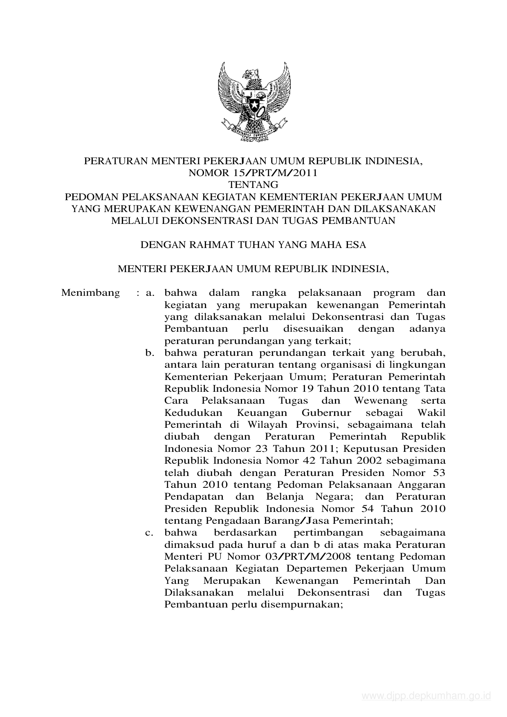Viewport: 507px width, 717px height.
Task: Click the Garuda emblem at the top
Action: point(253,101)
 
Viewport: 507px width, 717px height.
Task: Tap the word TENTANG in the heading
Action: point(253,185)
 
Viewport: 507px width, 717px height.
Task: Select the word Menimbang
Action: point(91,293)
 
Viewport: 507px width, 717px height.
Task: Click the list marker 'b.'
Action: point(150,353)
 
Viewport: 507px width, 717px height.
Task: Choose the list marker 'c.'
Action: point(150,533)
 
